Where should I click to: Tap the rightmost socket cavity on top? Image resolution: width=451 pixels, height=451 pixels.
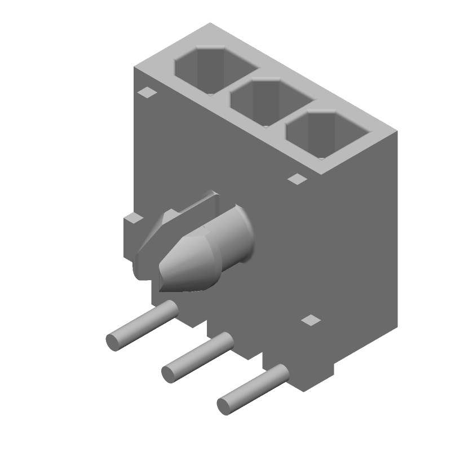pos(327,135)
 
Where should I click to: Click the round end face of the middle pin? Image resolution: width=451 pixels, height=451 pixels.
pos(169,373)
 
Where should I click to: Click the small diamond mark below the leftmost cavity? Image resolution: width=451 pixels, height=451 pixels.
pos(148,92)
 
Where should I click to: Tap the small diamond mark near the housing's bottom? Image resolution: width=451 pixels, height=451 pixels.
pos(311,320)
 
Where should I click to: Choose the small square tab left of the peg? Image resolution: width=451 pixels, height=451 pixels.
pos(134,219)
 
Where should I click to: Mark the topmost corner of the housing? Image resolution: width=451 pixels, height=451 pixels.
pos(210,23)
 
